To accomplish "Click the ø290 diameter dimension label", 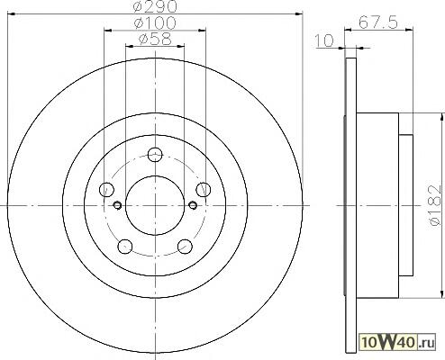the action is pyautogui.click(x=155, y=6).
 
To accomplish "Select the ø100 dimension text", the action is pyautogui.click(x=155, y=23).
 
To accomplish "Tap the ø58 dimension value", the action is pyautogui.click(x=155, y=40).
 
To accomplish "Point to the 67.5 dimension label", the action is pyautogui.click(x=378, y=22).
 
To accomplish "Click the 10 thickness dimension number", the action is pyautogui.click(x=324, y=40).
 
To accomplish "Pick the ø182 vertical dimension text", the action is pyautogui.click(x=436, y=205).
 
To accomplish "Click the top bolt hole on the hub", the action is pyautogui.click(x=155, y=155).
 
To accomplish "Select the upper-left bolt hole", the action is pyautogui.click(x=106, y=190).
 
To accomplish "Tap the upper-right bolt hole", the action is pyautogui.click(x=204, y=190).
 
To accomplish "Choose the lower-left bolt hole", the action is pyautogui.click(x=125, y=247).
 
